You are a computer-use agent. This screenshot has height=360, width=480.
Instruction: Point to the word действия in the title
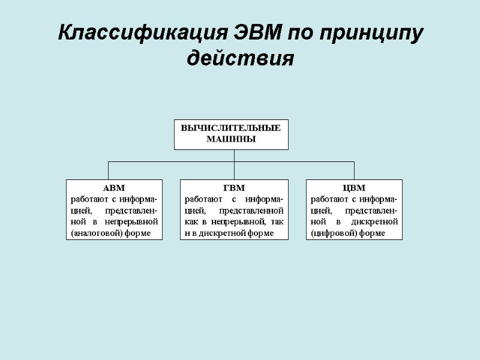240,59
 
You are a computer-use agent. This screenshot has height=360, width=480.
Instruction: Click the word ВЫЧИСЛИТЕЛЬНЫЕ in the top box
231,128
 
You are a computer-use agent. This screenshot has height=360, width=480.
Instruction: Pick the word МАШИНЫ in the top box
231,139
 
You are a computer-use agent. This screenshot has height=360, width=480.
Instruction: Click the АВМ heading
114,188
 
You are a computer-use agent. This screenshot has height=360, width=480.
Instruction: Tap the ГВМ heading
234,188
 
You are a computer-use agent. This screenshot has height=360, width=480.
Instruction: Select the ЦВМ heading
354,188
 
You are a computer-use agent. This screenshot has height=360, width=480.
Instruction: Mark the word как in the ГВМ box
191,221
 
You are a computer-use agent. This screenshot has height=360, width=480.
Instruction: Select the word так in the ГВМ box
277,221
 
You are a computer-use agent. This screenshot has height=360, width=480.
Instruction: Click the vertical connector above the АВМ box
108,170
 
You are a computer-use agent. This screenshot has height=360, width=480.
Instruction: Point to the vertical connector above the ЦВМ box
354,170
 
